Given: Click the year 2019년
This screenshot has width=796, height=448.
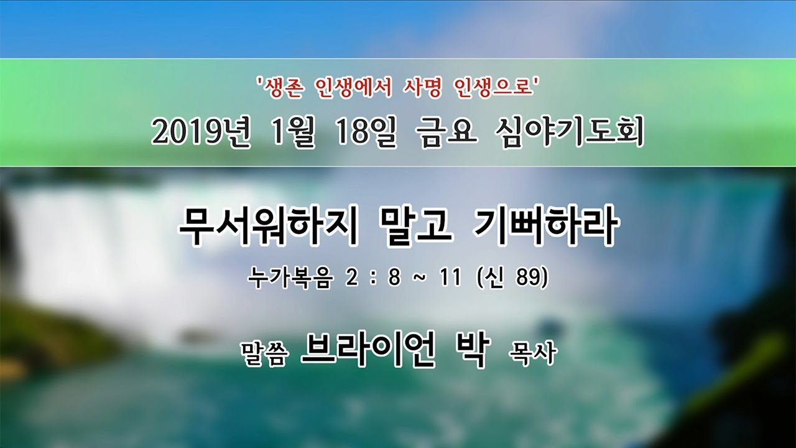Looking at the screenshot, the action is click(201, 134).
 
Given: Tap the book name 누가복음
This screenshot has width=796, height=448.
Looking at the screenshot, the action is click(290, 278).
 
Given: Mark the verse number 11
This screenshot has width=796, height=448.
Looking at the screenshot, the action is click(450, 278).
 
